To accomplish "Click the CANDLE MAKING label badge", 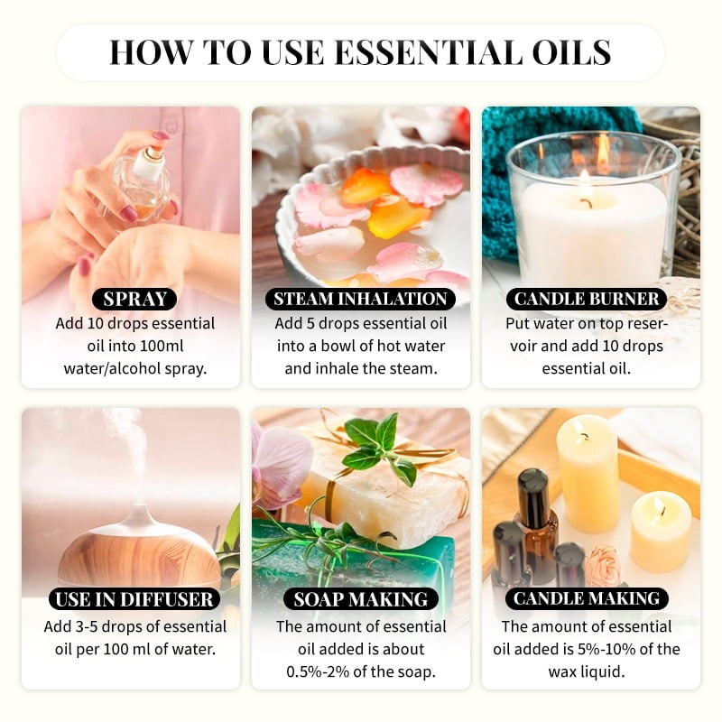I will tap(587, 598).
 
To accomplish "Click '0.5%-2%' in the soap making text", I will tap(331, 671).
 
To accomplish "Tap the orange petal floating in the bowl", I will tap(397, 217).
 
